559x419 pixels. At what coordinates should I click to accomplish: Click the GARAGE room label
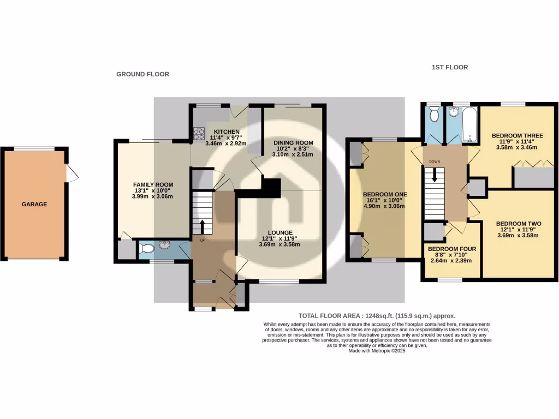point(34,205)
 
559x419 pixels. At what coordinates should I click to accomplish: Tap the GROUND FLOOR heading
point(142,74)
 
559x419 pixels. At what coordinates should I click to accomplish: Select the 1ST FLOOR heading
point(449,68)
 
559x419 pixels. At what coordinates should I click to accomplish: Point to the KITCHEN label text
point(226,132)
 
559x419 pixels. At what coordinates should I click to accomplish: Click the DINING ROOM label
point(293,142)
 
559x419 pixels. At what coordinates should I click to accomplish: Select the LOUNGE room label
point(279,232)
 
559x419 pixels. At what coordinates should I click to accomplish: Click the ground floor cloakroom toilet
point(146,249)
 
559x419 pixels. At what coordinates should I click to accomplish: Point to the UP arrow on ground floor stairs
point(203,226)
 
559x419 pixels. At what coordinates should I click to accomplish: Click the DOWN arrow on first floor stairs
point(435,176)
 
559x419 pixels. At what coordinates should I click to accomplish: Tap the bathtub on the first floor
point(469,124)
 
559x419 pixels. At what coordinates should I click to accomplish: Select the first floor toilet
point(434,115)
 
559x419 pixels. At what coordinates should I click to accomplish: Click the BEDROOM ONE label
point(385,194)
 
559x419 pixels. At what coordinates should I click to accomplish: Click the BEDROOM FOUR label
point(452,249)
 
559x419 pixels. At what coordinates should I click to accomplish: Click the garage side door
point(72,173)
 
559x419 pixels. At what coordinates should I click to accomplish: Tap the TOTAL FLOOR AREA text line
point(377,316)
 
